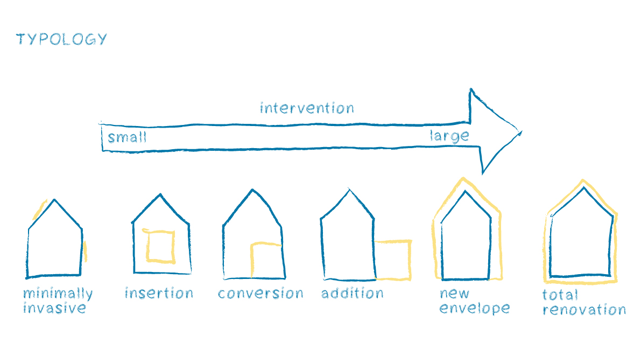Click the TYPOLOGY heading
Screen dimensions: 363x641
click(61, 39)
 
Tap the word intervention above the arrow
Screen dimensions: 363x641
click(307, 108)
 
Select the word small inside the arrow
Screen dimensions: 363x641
click(127, 137)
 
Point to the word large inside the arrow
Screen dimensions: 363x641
click(449, 136)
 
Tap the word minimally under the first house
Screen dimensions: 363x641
click(58, 294)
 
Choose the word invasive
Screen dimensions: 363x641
click(54, 308)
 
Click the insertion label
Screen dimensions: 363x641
click(159, 294)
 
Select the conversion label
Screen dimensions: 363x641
click(260, 294)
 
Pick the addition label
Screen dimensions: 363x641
click(353, 294)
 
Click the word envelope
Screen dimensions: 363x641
click(474, 309)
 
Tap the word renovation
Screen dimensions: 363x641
click(584, 310)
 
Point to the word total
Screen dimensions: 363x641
click(560, 295)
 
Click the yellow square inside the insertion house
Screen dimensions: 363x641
click(161, 246)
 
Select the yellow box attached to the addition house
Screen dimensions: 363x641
click(393, 260)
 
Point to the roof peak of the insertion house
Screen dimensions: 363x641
click(160, 194)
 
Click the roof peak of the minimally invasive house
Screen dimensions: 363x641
click(54, 200)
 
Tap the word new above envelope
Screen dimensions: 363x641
click(455, 294)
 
